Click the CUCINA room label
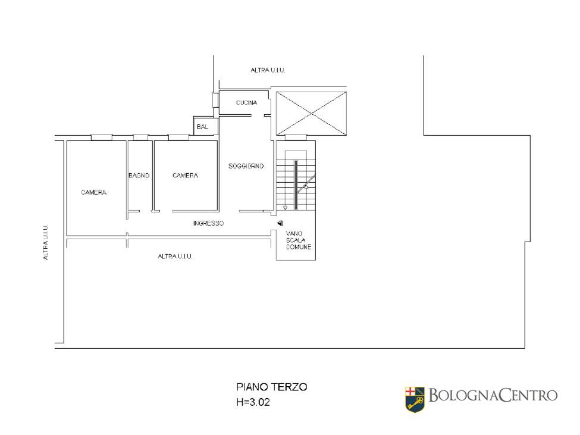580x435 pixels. [246, 102]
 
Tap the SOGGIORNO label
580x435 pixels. [246, 166]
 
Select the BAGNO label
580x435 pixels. [139, 176]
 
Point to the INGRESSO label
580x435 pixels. [208, 223]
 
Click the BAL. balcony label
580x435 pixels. [203, 127]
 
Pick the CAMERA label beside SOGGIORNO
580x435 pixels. [186, 176]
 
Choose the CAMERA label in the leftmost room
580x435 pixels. [93, 192]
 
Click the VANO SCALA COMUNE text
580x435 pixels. [299, 240]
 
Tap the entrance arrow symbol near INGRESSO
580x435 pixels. [281, 223]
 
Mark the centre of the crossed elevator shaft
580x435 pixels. [312, 113]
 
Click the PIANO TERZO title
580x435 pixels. [272, 387]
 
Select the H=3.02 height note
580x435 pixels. [253, 402]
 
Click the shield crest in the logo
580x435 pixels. [415, 399]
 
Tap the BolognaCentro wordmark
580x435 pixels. [493, 395]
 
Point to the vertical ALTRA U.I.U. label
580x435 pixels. [45, 242]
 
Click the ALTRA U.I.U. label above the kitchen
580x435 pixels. [268, 70]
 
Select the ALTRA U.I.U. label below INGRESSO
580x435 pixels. [175, 256]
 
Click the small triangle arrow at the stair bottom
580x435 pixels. [285, 208]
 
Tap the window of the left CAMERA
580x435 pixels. [102, 137]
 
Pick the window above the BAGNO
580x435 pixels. [140, 137]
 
